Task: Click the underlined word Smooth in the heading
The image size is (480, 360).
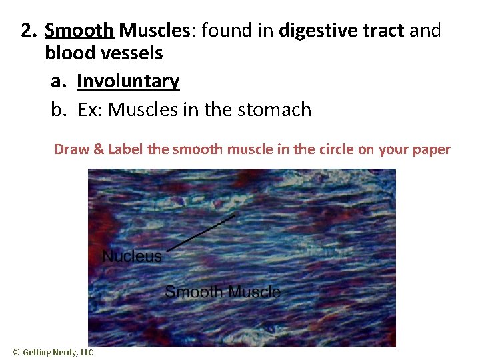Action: tap(79, 31)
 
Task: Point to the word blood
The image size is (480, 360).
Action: tap(71, 54)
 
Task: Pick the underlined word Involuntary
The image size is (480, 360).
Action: tap(128, 81)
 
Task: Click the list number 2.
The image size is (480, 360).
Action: tap(28, 31)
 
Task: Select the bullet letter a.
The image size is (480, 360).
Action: tap(58, 82)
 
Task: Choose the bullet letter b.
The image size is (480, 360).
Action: tap(58, 109)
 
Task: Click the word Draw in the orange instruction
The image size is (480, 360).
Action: tap(70, 149)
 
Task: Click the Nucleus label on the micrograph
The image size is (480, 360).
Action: tap(132, 257)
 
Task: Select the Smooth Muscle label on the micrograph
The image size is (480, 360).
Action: tap(222, 292)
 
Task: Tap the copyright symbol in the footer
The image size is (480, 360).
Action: tap(17, 352)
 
